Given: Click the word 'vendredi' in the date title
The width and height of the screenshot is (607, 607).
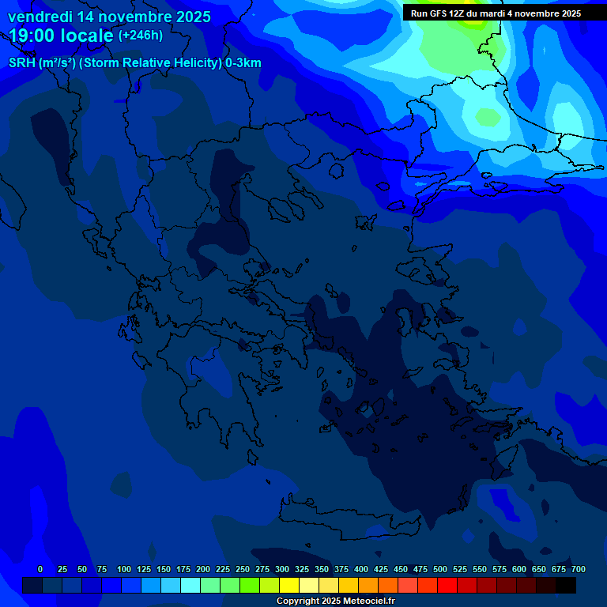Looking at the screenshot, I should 40,17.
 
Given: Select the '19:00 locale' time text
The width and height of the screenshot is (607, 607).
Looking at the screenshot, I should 62,36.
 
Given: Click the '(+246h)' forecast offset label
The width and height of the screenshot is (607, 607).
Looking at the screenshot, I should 141,36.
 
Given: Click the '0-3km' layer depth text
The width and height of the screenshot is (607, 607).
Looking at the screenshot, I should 243,63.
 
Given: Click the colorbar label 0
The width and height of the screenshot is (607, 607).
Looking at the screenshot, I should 40,569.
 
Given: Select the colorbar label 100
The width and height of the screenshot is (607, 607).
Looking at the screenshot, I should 124,569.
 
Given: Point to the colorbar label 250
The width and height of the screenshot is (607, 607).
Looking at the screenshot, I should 243,569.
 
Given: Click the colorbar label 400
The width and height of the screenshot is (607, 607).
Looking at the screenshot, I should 361,569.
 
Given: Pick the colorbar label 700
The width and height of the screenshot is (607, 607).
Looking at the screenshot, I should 579,569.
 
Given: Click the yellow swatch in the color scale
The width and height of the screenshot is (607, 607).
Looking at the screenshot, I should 289,585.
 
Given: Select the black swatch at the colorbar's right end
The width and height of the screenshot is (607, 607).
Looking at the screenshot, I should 566,585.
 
